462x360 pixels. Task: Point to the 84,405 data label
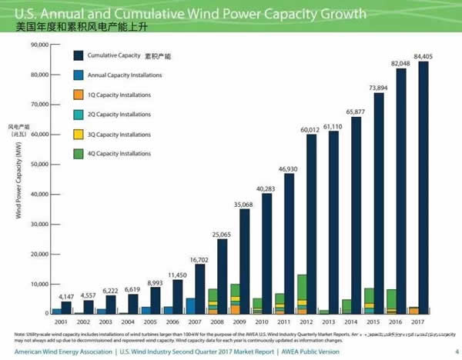coord(423,55)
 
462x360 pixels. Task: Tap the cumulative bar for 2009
coord(244,262)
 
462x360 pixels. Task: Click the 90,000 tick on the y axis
coord(38,45)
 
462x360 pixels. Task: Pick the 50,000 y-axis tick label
coord(38,165)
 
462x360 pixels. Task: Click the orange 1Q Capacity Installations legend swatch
coord(79,95)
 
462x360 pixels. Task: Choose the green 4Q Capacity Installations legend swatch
coord(79,154)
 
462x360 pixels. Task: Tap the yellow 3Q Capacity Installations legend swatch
coord(79,135)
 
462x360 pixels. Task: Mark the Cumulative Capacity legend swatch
coord(79,55)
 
